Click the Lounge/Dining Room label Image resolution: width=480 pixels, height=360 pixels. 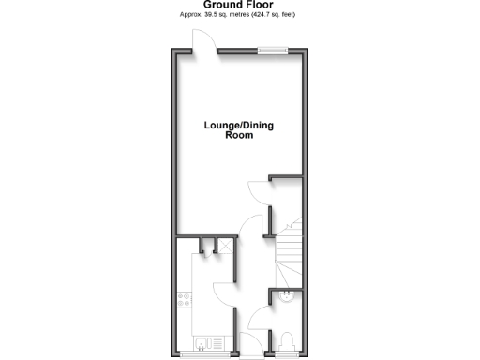click(240, 130)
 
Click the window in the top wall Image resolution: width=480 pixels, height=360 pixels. click(272, 51)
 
